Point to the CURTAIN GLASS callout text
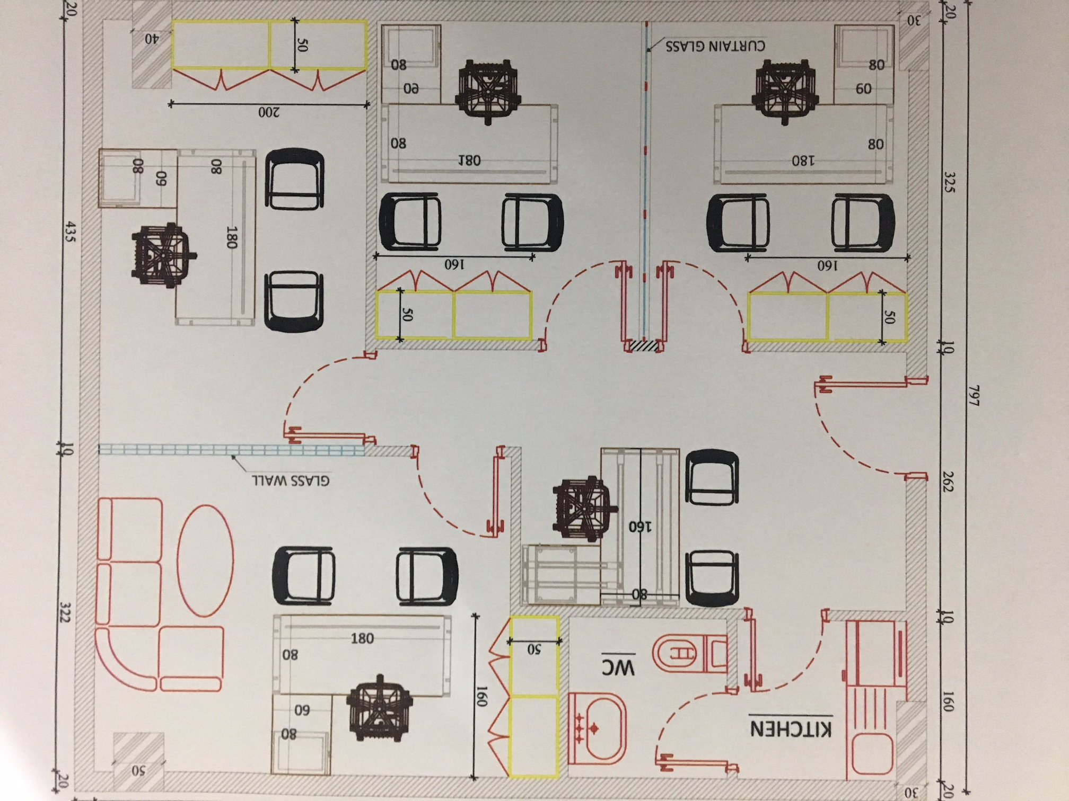pos(715,46)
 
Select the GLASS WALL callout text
pos(291,480)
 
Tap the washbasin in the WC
pos(597,728)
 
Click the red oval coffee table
pos(205,561)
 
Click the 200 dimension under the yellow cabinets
pos(269,112)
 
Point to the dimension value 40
pos(151,39)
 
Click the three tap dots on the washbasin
pos(580,729)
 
